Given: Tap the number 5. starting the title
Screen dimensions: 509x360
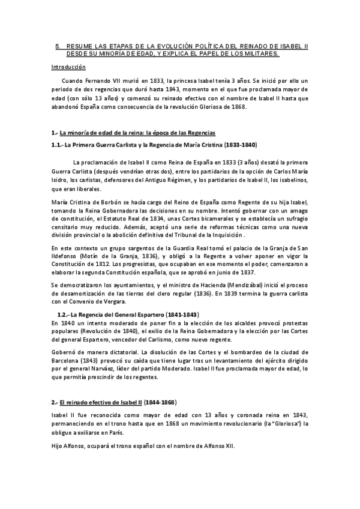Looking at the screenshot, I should click(x=58, y=46).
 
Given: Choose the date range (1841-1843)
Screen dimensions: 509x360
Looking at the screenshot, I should click(x=182, y=315).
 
